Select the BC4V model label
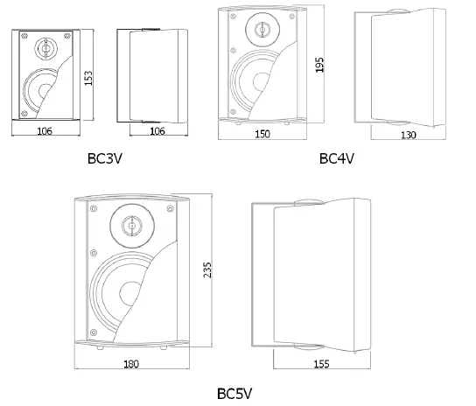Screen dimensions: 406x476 click(336, 158)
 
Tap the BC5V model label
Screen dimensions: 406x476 click(236, 393)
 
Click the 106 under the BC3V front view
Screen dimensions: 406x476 click(45, 130)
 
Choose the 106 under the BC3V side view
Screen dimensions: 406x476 click(156, 130)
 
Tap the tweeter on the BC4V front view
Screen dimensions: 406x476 click(261, 30)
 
